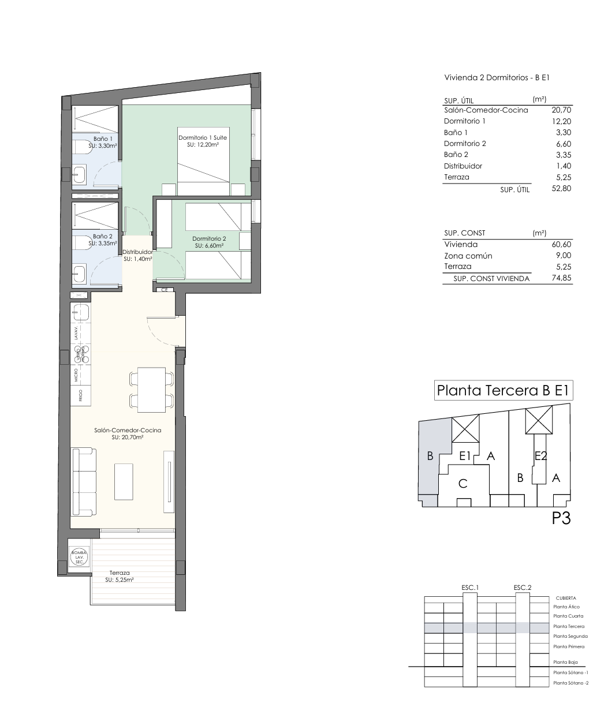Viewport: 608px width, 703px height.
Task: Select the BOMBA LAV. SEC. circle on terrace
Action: point(79,557)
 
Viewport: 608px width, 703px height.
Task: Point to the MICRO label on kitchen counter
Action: point(77,376)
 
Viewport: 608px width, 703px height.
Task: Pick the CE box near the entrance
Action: point(164,290)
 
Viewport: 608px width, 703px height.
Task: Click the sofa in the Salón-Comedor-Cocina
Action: point(83,482)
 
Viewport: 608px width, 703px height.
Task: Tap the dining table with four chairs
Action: point(152,390)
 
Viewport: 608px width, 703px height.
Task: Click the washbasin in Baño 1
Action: point(80,173)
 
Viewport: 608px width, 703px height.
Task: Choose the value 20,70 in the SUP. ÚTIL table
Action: point(561,110)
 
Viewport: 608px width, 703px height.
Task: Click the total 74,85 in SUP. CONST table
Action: point(561,278)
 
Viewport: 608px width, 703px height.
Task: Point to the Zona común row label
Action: point(468,256)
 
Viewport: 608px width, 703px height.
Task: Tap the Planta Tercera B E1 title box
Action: point(503,390)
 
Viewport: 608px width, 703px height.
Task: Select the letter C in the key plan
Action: point(462,484)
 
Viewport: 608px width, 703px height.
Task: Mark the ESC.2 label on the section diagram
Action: point(521,588)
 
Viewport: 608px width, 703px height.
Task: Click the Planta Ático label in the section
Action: point(566,607)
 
